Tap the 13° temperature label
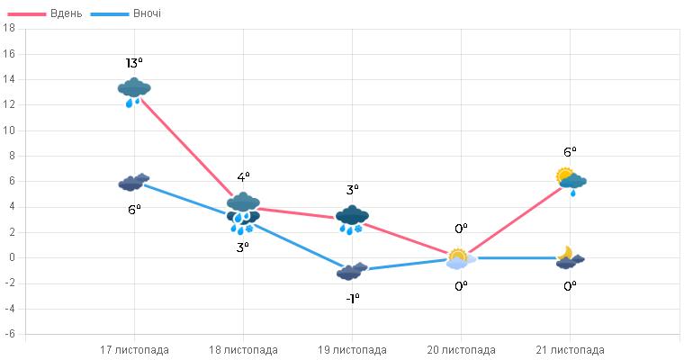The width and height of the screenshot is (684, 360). (x=134, y=63)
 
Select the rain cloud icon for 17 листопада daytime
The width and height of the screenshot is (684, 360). (x=134, y=91)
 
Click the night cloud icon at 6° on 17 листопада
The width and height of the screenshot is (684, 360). (x=134, y=183)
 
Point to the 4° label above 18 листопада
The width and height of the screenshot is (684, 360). (x=243, y=177)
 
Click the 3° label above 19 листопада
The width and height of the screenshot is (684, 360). (x=352, y=190)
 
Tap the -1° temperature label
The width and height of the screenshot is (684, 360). (x=352, y=298)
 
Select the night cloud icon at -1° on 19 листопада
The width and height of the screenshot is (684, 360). (x=352, y=271)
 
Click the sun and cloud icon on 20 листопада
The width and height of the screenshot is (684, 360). (x=460, y=258)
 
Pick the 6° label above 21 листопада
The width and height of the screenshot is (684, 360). (x=570, y=152)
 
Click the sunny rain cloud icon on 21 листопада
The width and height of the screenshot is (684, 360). (x=571, y=180)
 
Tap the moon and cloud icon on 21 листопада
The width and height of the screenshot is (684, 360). (x=570, y=257)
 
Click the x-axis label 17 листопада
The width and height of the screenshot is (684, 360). (x=134, y=350)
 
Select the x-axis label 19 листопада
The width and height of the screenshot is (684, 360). (x=352, y=350)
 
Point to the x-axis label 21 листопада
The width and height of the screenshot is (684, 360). (x=570, y=350)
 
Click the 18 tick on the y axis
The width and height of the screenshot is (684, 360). (x=10, y=29)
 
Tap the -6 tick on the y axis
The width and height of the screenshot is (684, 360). (x=10, y=334)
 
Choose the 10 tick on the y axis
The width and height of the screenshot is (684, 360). (x=10, y=130)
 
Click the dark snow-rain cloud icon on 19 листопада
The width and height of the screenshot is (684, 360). (x=352, y=218)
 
